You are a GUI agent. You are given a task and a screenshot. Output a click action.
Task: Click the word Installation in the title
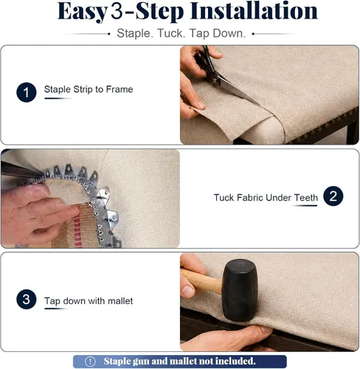[x=254, y=11]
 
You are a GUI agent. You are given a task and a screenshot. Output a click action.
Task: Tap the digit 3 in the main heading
[x=117, y=11]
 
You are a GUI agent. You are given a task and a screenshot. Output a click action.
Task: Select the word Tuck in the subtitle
[x=171, y=33]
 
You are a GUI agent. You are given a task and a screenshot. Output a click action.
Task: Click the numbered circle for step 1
[x=27, y=92]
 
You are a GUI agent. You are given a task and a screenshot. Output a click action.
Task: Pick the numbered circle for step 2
[x=333, y=196]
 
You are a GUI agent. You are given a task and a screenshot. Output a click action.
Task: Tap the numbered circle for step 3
[x=27, y=299]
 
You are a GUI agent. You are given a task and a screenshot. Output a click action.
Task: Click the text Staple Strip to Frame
[x=89, y=89]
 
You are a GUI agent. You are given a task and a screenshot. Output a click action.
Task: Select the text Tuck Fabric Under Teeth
[x=266, y=198]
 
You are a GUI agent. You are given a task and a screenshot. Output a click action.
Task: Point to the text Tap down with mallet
[x=89, y=301]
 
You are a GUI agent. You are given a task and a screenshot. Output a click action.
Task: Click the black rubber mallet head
[x=239, y=290]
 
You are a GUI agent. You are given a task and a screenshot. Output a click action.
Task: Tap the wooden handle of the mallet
[x=201, y=280]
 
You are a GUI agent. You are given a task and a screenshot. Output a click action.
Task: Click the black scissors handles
[x=207, y=65]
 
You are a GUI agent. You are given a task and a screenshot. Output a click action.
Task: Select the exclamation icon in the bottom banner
[x=90, y=362]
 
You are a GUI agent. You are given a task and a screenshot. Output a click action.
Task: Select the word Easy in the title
[x=83, y=12]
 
